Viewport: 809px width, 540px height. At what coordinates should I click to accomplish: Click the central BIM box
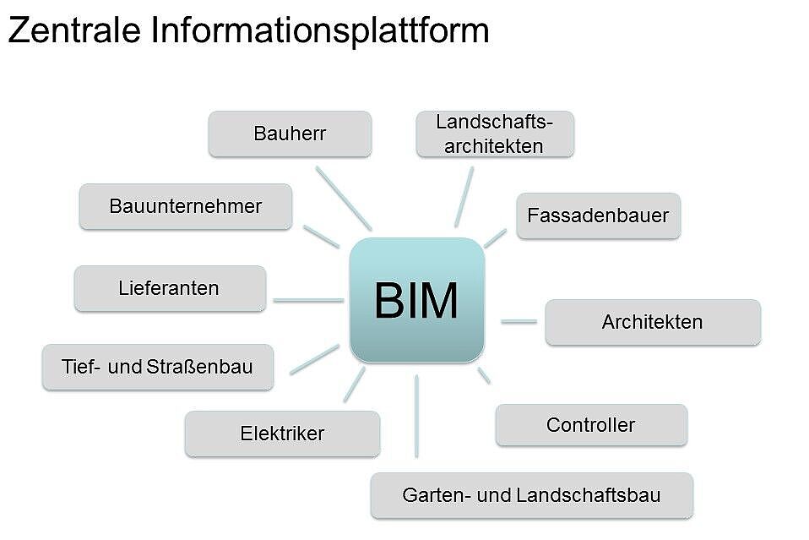click(x=416, y=300)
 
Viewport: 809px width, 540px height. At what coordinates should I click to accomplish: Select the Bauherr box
click(x=290, y=134)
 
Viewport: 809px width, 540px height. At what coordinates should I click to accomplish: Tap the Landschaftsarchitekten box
click(x=495, y=134)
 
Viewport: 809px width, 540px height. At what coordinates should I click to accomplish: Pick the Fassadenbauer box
click(x=598, y=215)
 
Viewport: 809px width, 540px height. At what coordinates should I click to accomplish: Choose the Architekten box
click(x=652, y=322)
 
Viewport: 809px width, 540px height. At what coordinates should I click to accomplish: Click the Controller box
click(x=590, y=425)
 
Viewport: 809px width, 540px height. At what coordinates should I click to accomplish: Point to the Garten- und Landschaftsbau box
click(x=531, y=495)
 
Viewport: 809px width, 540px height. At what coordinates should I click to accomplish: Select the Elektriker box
click(x=282, y=434)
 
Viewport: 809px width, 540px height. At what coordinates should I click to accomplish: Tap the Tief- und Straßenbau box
click(x=157, y=367)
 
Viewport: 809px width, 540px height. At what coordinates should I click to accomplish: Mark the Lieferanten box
click(x=169, y=288)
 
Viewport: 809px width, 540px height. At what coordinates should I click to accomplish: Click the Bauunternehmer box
click(x=185, y=206)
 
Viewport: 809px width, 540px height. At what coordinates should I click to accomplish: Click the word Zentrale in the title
click(x=73, y=30)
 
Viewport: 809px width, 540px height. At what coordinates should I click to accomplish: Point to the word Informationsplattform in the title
click(x=320, y=30)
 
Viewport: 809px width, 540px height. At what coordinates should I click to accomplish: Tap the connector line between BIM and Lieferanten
click(x=307, y=300)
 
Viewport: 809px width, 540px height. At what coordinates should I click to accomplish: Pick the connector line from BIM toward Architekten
click(x=519, y=321)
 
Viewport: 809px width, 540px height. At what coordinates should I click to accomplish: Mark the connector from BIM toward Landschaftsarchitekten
click(x=464, y=196)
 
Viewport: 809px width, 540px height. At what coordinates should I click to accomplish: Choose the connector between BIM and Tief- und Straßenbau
click(x=313, y=359)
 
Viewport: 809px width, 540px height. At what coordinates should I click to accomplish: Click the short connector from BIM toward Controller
click(x=484, y=375)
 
